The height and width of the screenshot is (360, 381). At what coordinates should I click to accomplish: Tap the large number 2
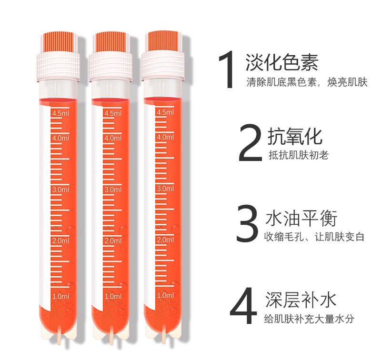pyautogui.click(x=251, y=142)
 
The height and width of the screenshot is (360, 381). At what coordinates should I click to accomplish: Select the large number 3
pyautogui.click(x=247, y=223)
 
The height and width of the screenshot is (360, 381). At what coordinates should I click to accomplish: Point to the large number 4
pyautogui.click(x=243, y=305)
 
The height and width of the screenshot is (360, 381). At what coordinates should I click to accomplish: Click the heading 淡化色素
pyautogui.click(x=282, y=62)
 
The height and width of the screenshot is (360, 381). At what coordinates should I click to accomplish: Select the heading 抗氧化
pyautogui.click(x=295, y=136)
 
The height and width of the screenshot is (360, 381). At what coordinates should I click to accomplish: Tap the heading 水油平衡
pyautogui.click(x=301, y=218)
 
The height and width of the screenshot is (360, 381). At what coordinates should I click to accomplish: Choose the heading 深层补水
pyautogui.click(x=301, y=300)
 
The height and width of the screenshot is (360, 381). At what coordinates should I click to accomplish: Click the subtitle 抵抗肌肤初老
pyautogui.click(x=299, y=155)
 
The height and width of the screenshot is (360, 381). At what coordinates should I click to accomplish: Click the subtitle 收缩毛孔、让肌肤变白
pyautogui.click(x=314, y=237)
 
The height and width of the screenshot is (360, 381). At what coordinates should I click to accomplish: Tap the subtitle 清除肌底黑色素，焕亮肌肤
pyautogui.click(x=307, y=82)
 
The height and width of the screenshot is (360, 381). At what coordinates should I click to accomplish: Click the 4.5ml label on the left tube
pyautogui.click(x=60, y=113)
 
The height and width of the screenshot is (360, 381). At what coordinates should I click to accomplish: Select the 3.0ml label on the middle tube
pyautogui.click(x=113, y=190)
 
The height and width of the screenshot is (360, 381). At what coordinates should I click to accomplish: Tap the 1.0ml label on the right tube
pyautogui.click(x=165, y=295)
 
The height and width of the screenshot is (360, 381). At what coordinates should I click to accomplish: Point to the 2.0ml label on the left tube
pyautogui.click(x=61, y=241)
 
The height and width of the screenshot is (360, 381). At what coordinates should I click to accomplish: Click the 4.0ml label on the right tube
pyautogui.click(x=165, y=137)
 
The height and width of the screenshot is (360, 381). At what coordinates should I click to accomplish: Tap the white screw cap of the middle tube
pyautogui.click(x=110, y=67)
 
